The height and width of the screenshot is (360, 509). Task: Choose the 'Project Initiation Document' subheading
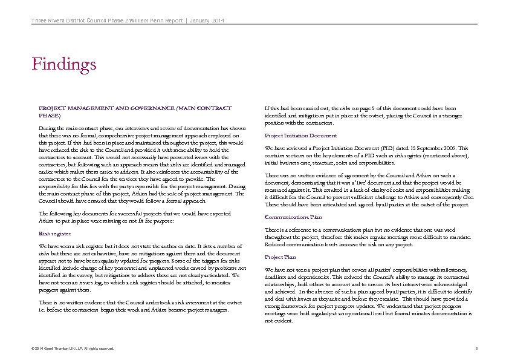pyautogui.click(x=300, y=136)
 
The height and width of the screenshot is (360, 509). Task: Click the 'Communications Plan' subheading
pyautogui.click(x=293, y=217)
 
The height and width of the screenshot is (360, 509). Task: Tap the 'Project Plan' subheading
pyautogui.click(x=280, y=257)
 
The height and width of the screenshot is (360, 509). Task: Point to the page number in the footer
pyautogui.click(x=476, y=349)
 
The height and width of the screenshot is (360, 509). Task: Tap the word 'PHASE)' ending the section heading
pyautogui.click(x=50, y=115)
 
